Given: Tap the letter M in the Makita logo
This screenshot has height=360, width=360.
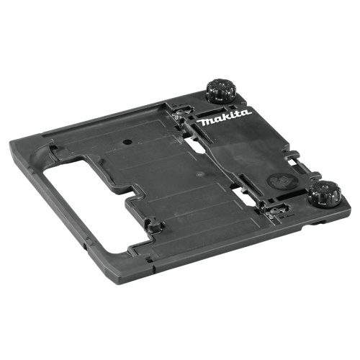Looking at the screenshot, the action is (204, 122).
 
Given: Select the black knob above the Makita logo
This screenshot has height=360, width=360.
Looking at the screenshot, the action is (220, 91).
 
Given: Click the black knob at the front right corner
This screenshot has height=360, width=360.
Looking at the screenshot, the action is (325, 193).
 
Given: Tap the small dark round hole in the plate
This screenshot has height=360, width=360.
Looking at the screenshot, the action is (127, 142).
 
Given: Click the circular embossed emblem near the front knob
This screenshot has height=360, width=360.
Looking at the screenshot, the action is (282, 181).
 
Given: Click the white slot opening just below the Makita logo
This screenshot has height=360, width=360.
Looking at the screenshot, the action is (195, 145).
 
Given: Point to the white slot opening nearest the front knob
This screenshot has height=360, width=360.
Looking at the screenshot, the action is (243, 195).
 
